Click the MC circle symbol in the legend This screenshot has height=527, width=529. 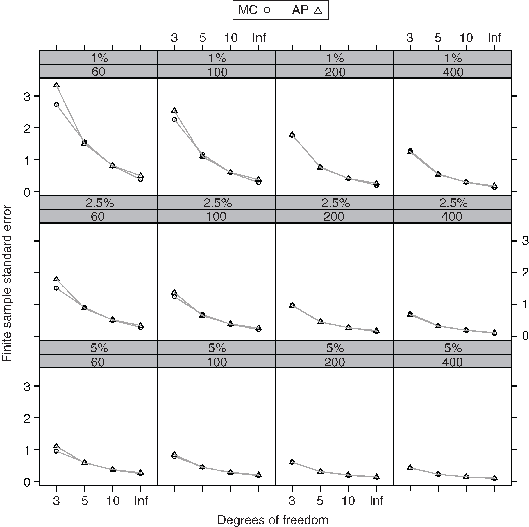267,10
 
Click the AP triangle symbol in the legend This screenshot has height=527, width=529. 318,10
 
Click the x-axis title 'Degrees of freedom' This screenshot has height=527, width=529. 273,520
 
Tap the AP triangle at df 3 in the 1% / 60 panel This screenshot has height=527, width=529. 56,85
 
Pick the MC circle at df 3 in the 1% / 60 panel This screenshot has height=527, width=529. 56,104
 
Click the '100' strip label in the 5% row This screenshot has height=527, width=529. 217,362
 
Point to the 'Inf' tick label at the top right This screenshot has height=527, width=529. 494,38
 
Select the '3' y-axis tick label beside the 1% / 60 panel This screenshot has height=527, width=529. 27,97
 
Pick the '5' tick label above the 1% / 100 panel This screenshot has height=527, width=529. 202,38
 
